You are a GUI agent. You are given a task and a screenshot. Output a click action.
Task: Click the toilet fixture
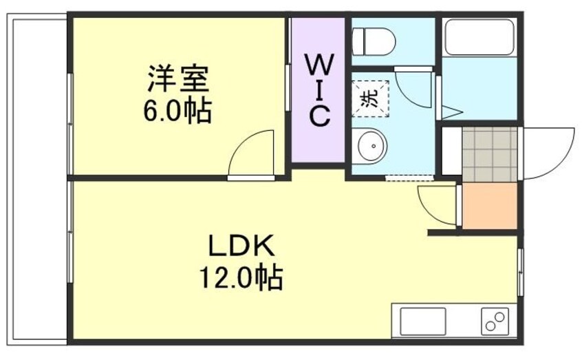tap(374, 41)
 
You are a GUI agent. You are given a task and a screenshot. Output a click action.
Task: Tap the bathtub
tap(479, 36)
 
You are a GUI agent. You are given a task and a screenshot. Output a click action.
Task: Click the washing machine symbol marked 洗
tap(370, 98)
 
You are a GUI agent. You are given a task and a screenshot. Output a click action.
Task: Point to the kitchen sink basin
tap(423, 321)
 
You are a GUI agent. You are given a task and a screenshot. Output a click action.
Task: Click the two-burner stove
tap(495, 321)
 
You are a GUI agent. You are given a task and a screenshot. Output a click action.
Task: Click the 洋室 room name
tap(178, 78)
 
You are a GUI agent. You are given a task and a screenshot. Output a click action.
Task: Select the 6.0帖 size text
tap(177, 110)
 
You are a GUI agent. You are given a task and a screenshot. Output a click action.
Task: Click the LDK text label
tap(241, 246)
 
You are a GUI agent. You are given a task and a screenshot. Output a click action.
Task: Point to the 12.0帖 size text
tap(241, 277)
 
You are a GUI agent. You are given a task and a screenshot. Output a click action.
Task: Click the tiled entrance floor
tap(490, 154)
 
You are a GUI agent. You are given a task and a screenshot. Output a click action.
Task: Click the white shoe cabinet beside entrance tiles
tap(452, 151)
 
